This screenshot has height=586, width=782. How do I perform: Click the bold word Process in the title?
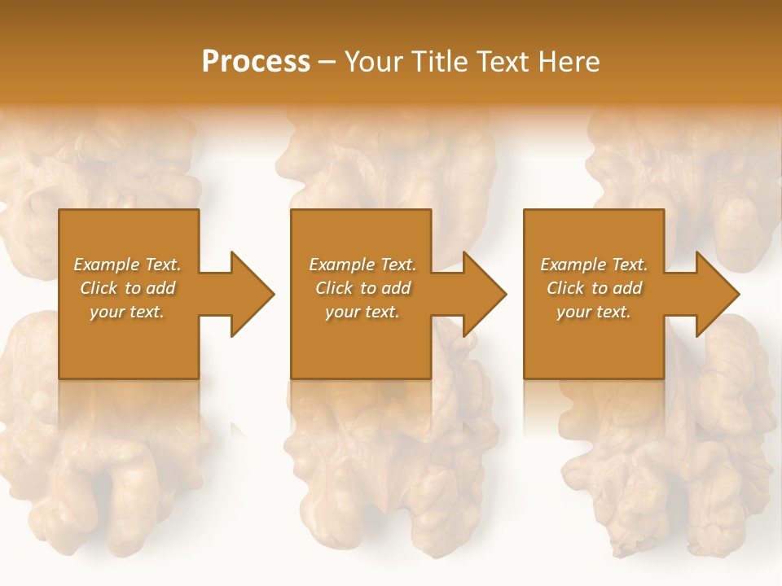[x=256, y=62]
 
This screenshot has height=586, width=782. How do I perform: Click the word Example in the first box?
[x=106, y=265]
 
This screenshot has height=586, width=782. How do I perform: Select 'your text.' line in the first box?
[x=127, y=312]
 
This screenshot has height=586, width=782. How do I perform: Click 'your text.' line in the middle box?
[x=362, y=312]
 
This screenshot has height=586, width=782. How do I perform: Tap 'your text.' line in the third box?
[x=593, y=312]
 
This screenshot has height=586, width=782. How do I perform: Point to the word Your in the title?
[x=371, y=62]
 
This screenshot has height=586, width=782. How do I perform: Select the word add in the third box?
[x=627, y=288]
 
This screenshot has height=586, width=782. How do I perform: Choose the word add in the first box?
[x=160, y=288]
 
